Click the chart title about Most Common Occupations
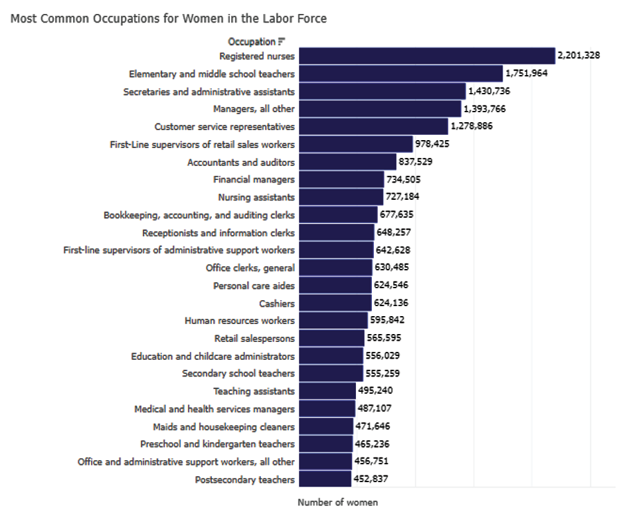tap(169, 19)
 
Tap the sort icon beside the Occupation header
tap(282, 42)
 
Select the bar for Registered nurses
tap(426, 56)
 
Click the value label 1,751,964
tap(526, 74)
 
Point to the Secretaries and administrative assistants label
tap(209, 91)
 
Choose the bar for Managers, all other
tap(379, 109)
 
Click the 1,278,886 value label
tap(472, 126)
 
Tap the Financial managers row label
tap(254, 179)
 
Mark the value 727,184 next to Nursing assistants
tap(402, 197)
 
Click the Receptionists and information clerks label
tap(219, 232)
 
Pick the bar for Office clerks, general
tap(335, 268)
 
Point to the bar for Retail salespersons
tap(331, 338)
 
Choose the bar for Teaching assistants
tap(327, 391)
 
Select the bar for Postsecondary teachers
tap(324, 479)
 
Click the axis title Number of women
tap(337, 503)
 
